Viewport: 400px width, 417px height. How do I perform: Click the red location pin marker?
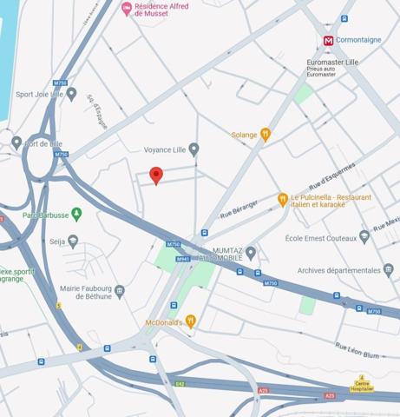156,175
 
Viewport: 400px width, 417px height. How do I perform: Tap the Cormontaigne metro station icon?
329,41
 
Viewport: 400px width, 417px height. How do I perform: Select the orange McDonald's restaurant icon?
191,321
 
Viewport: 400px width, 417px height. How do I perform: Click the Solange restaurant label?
244,135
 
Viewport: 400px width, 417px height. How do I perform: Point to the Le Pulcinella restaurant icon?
283,200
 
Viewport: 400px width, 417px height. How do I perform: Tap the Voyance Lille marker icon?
193,149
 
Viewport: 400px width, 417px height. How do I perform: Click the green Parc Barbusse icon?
76,214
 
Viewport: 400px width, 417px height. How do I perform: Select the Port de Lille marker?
16,142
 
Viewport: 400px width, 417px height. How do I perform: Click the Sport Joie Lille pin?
71,94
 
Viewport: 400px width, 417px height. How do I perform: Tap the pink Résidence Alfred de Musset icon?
128,9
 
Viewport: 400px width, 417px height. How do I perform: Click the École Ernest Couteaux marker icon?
364,237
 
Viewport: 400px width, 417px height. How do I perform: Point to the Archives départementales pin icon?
388,270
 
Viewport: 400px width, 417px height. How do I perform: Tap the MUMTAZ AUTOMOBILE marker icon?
251,253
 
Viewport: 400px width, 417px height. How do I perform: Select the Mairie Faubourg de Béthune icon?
120,292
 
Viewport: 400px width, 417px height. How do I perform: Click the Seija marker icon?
73,241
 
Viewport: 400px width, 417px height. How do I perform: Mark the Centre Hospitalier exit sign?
362,383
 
